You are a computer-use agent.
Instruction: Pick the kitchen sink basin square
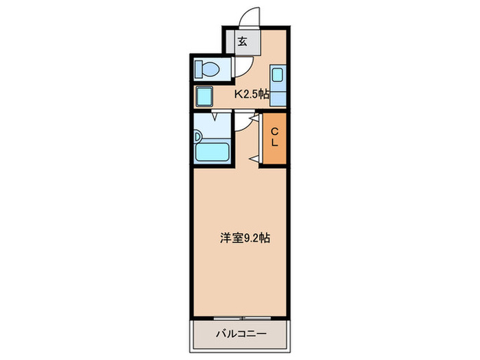click(x=278, y=75)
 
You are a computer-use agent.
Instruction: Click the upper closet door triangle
click(x=254, y=119)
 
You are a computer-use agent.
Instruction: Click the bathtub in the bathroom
click(x=213, y=152)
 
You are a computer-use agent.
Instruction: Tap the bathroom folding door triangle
click(x=215, y=117)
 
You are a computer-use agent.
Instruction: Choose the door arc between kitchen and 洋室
click(x=243, y=123)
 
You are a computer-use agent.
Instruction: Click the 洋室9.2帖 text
click(x=244, y=239)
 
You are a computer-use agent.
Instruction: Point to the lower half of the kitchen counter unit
click(x=278, y=96)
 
